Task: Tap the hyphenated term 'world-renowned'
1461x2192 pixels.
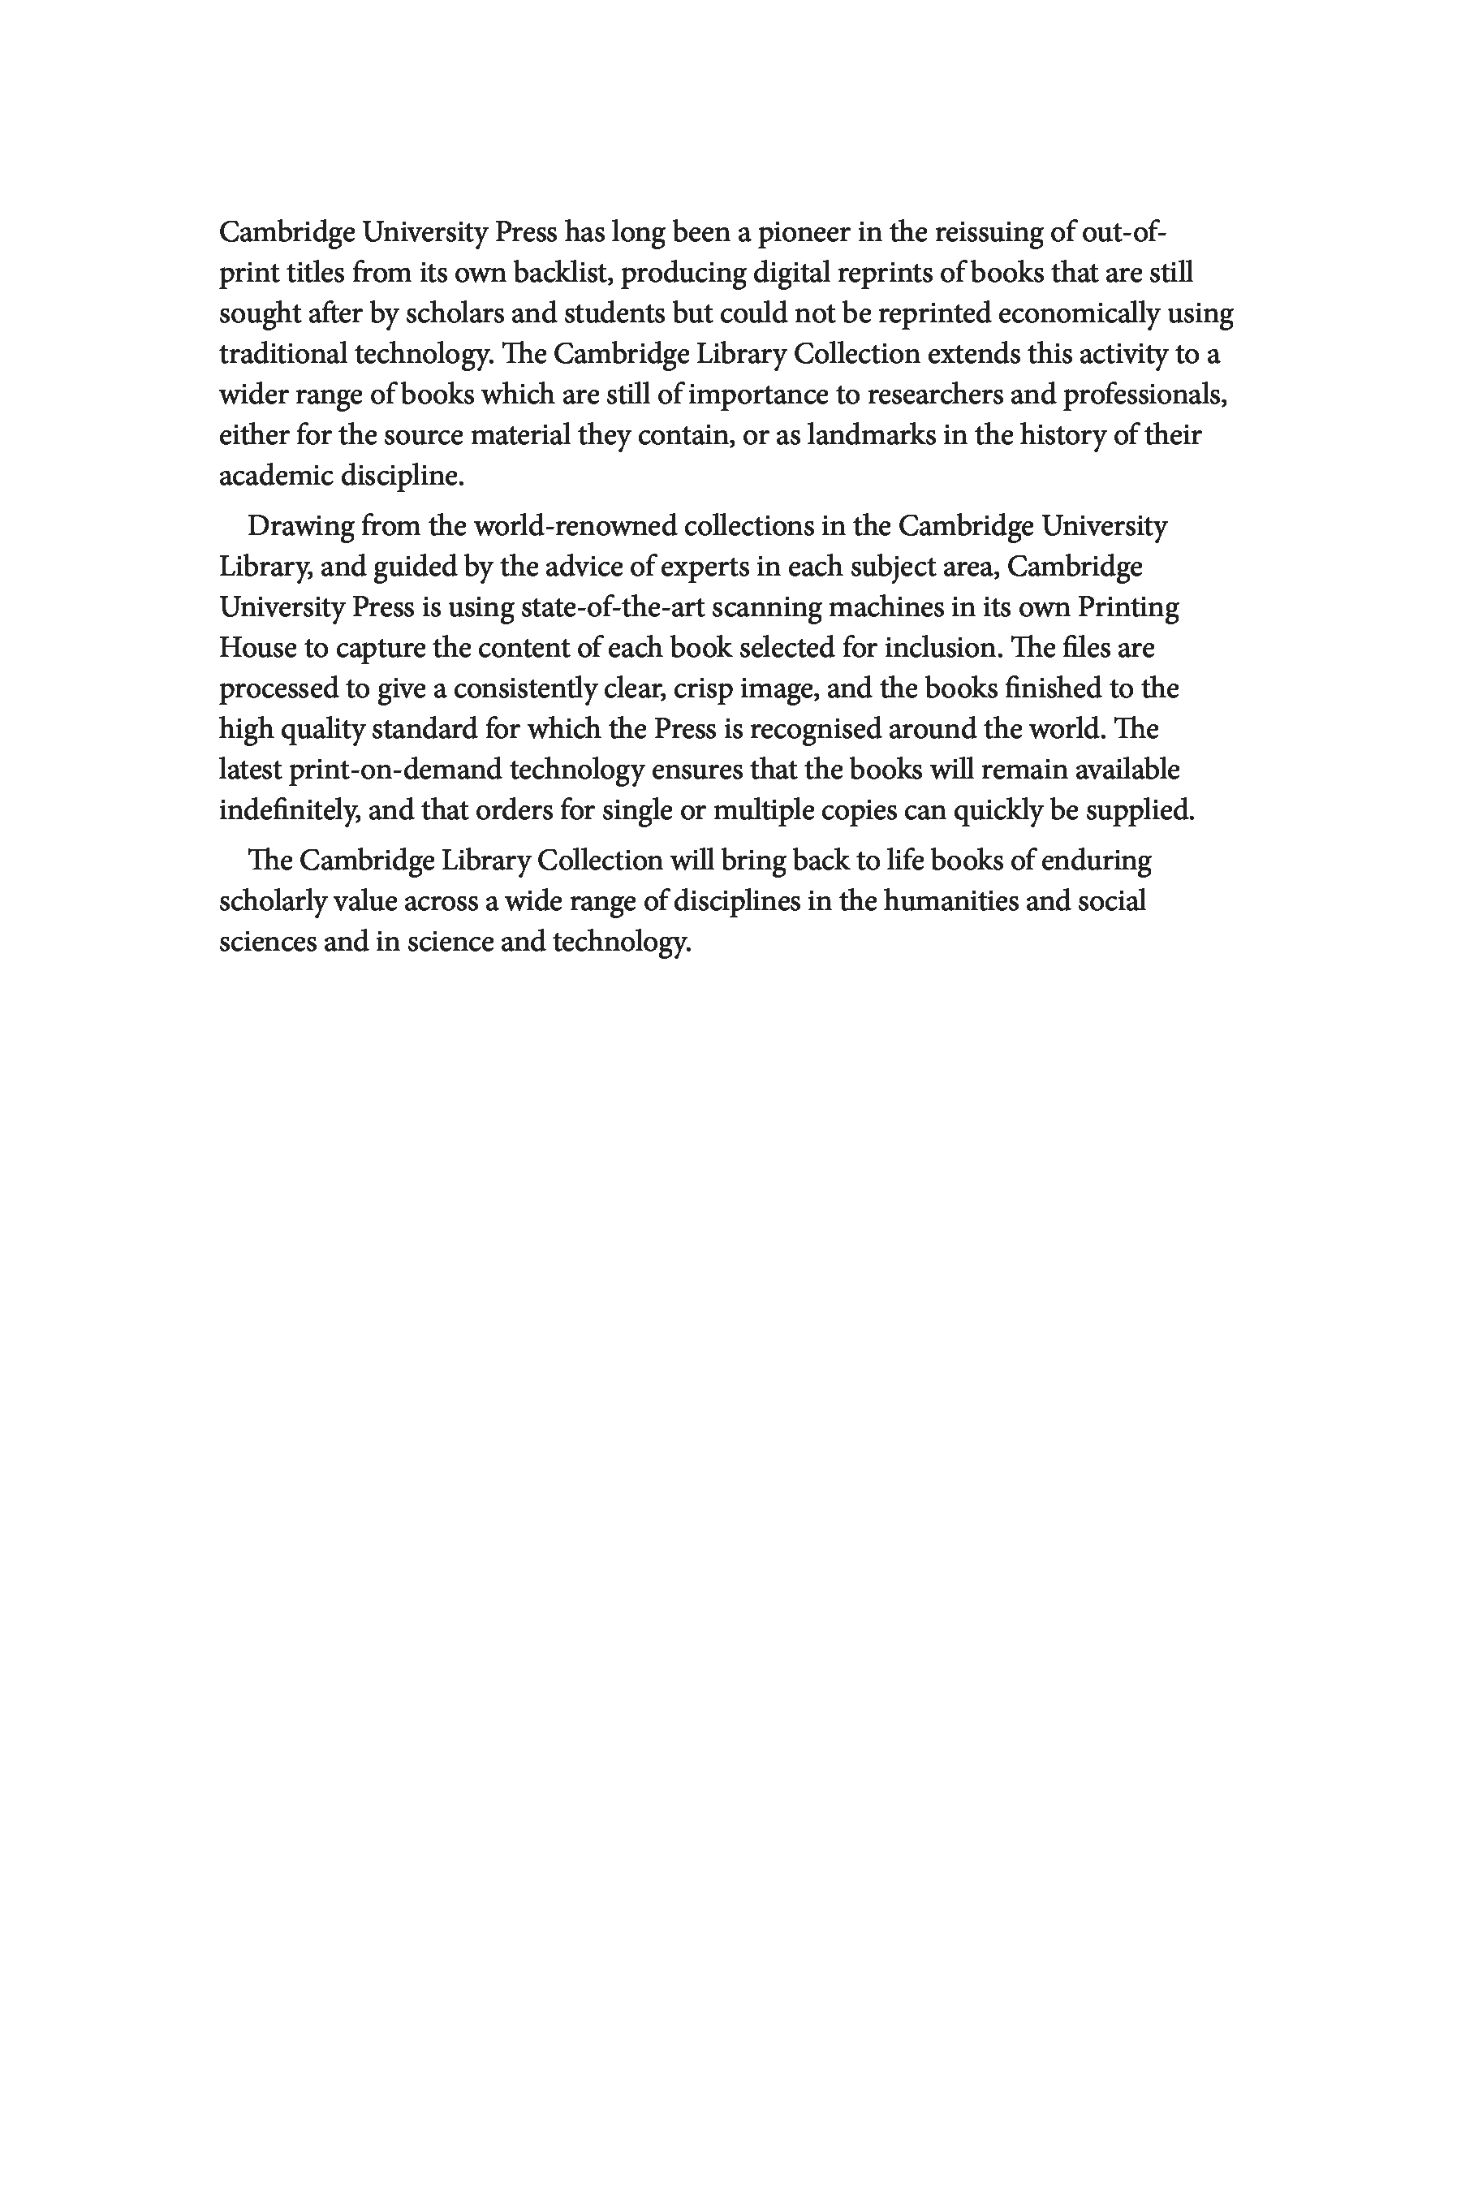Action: [575, 527]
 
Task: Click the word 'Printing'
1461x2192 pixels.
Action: [1128, 607]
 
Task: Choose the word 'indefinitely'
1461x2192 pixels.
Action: [289, 811]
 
